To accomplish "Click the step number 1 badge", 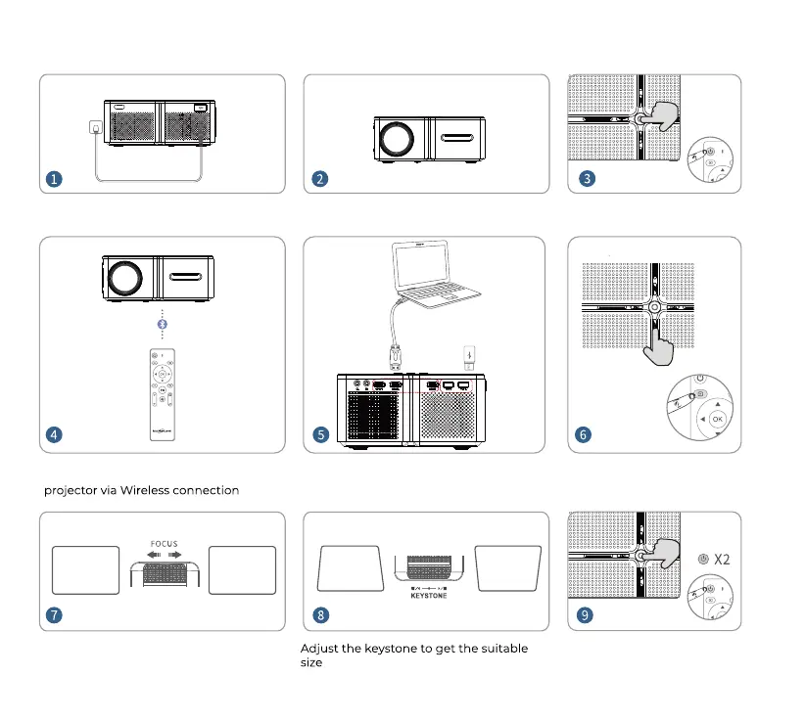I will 55,179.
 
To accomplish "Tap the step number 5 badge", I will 320,433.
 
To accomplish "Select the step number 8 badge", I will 320,615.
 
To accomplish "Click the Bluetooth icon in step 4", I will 164,324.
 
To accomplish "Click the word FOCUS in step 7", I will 165,544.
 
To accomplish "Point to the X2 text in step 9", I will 722,560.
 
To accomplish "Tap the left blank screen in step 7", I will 83,568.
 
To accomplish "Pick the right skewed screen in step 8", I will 507,567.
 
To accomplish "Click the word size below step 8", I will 311,662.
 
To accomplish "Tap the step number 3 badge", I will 585,179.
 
